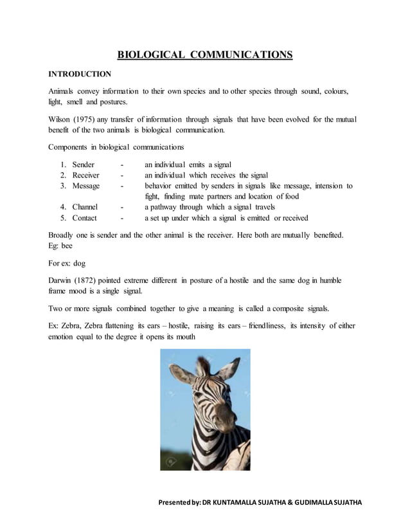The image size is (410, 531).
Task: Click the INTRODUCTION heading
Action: (x=80, y=74)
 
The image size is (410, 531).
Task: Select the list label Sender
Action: (x=84, y=165)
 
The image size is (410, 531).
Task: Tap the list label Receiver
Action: (x=85, y=175)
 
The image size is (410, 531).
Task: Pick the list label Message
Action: (x=85, y=186)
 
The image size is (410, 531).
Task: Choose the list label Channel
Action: (x=85, y=207)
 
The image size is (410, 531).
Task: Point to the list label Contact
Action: (x=84, y=218)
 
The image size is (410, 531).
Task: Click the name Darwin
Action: (x=62, y=280)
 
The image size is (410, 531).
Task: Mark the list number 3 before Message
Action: (x=63, y=186)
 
